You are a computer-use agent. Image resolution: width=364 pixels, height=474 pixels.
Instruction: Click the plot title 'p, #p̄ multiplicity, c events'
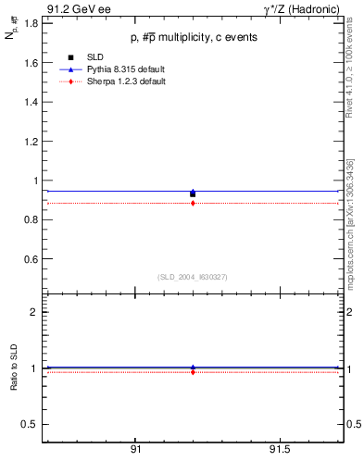click(194, 37)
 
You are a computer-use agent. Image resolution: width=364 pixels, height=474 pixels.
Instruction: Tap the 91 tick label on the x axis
click(135, 450)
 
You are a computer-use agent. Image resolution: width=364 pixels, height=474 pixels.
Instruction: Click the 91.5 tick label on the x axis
click(279, 450)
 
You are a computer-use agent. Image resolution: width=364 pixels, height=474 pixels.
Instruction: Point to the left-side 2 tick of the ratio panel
click(34, 312)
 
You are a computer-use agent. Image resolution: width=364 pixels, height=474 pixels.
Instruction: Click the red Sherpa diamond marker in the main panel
click(193, 203)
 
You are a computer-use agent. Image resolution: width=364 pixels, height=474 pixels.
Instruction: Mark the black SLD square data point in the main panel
click(193, 193)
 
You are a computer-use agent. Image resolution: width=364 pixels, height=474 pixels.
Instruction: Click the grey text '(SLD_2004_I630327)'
click(193, 277)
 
